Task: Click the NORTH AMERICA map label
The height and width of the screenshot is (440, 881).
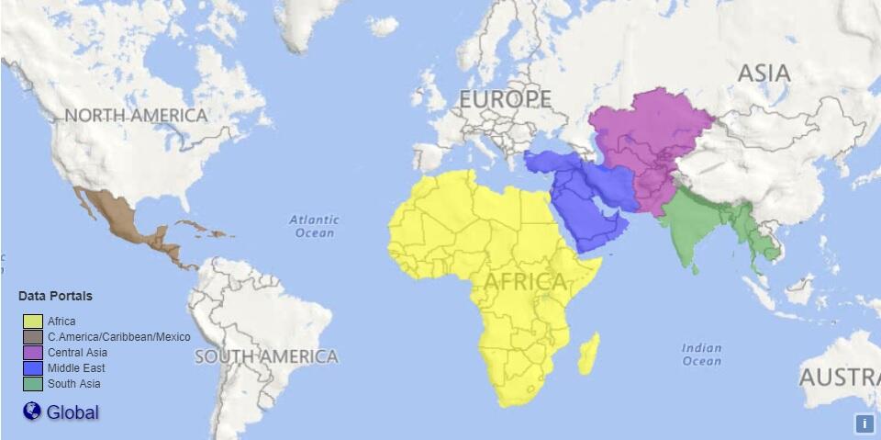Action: point(136,116)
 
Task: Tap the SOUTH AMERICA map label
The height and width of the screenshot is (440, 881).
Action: point(266,356)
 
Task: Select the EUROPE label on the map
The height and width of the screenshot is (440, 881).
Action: point(506,99)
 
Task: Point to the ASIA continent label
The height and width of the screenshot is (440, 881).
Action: point(764,73)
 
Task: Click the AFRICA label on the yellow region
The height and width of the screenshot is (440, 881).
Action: point(525,282)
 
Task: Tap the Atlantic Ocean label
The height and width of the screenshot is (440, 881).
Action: point(314,226)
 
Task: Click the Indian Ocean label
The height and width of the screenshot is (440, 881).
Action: point(702,355)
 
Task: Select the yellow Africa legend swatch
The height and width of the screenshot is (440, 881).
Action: point(33,322)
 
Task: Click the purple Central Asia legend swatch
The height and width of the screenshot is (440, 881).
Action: point(33,353)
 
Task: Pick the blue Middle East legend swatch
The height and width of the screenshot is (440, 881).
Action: point(33,368)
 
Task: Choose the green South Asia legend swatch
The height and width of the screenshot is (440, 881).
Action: point(33,384)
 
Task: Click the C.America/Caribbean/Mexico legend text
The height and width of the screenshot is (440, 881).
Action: point(119,337)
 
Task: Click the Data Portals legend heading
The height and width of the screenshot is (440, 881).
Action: point(55,297)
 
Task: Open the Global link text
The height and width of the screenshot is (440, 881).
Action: point(72,412)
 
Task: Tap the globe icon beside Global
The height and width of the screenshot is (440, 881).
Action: point(32,412)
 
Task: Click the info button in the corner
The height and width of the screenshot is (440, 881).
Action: point(864,423)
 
